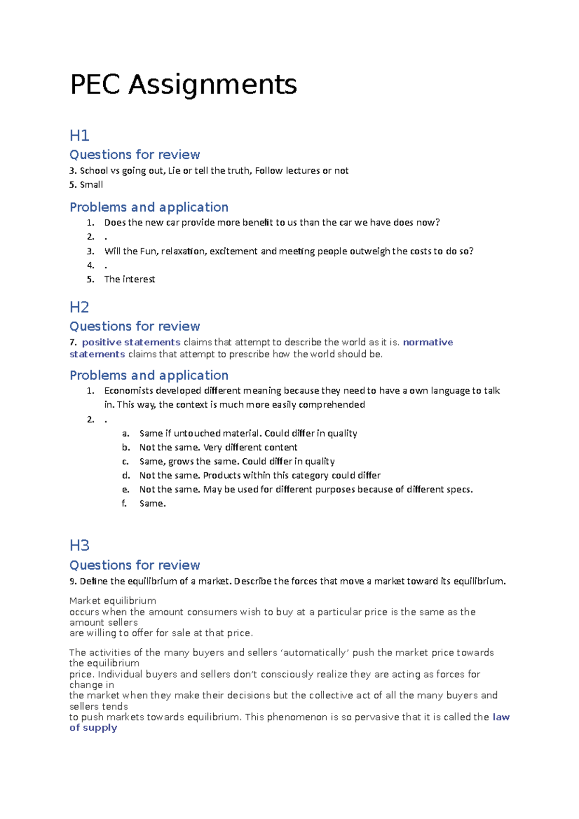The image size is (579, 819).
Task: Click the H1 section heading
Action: [x=80, y=136]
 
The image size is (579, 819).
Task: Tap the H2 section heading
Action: [x=80, y=307]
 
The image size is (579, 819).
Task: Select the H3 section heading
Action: [x=80, y=546]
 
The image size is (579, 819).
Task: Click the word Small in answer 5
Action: [x=91, y=185]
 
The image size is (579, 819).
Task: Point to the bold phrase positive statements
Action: [x=131, y=342]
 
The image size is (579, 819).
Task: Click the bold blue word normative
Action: [x=428, y=342]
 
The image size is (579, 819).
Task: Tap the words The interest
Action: [x=129, y=279]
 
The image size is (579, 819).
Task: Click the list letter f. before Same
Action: [x=124, y=504]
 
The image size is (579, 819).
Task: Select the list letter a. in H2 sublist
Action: [x=125, y=434]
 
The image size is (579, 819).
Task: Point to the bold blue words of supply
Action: [x=93, y=728]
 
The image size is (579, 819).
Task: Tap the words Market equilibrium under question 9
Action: [x=113, y=601]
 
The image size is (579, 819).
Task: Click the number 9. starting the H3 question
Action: [x=73, y=581]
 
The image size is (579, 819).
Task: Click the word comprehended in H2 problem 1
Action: [x=331, y=405]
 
